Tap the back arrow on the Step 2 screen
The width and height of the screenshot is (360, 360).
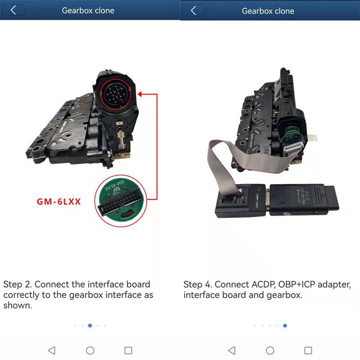click(13, 10)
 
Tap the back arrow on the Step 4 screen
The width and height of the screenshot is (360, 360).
click(193, 10)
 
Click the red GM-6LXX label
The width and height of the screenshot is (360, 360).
click(58, 202)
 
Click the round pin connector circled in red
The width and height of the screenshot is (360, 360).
click(116, 94)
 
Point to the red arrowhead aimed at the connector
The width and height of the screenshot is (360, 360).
click(140, 94)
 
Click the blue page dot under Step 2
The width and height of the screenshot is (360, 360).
click(90, 325)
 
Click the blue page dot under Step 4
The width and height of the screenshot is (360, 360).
click(285, 325)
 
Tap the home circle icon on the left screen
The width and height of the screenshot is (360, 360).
click(90, 351)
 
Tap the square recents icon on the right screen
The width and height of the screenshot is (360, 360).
click(308, 351)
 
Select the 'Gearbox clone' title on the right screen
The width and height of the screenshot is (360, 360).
click(268, 11)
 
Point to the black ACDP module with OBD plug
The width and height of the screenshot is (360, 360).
click(304, 199)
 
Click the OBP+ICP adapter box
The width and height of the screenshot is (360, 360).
click(240, 200)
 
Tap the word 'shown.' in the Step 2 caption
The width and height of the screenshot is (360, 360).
click(18, 305)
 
